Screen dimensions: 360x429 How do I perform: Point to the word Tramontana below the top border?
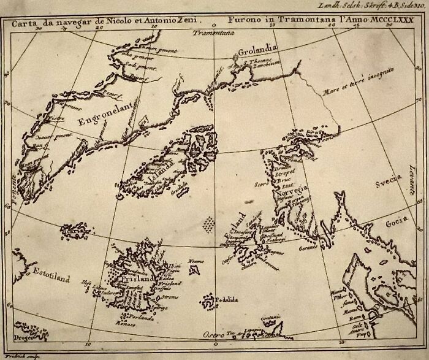point(208,34)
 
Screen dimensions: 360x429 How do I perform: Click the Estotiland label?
point(51,277)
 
